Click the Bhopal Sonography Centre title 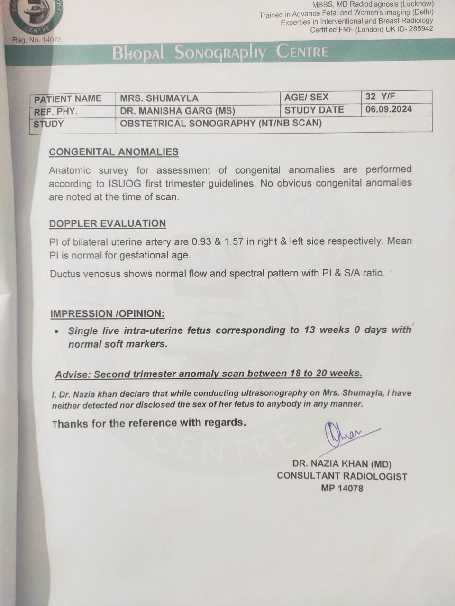[x=220, y=52]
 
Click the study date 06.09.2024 [x=389, y=109]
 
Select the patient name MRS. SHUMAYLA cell [x=159, y=98]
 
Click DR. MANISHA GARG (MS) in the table [x=177, y=111]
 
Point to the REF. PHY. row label [x=55, y=112]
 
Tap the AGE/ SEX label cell [x=306, y=98]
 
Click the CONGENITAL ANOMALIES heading [x=114, y=152]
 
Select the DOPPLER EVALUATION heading [x=108, y=223]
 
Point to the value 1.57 [x=234, y=241]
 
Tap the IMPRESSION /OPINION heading [x=108, y=313]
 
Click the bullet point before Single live [x=57, y=331]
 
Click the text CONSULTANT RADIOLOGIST [x=342, y=476]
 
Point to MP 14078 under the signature [x=342, y=488]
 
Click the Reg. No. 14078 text [x=37, y=40]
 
